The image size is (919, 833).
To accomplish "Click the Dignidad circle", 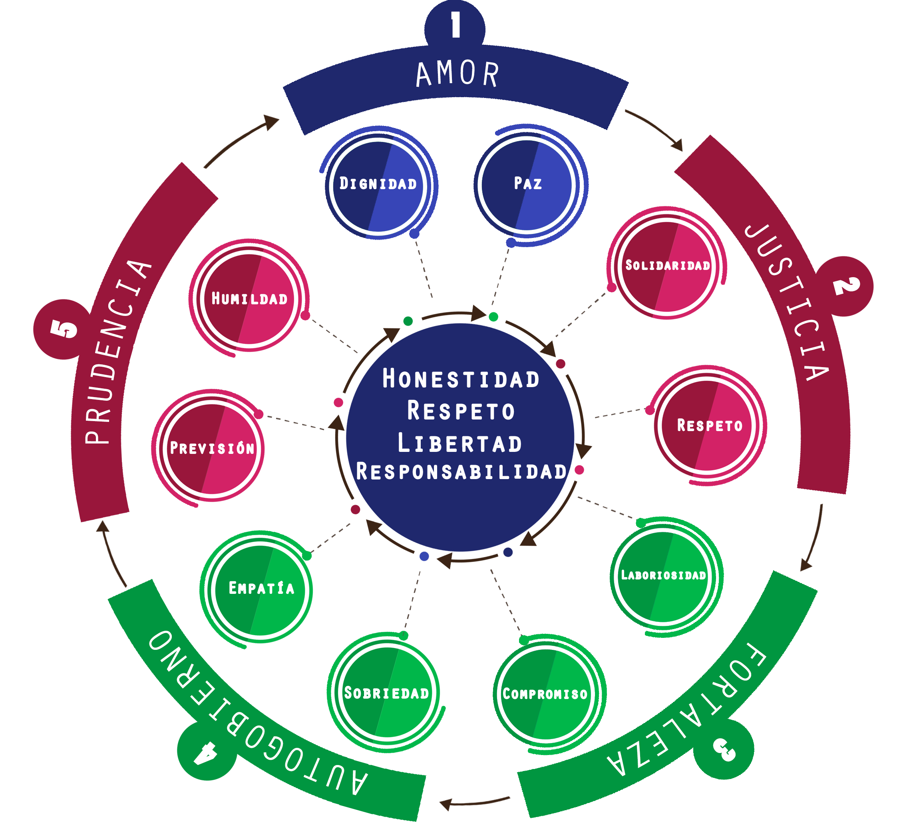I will [378, 186].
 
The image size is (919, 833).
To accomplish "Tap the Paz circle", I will [527, 185].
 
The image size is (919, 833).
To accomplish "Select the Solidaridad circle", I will [667, 267].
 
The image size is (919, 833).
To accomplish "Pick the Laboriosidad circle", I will [663, 576].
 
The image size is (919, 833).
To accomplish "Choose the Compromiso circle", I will [546, 694].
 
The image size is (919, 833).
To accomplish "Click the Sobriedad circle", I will [387, 693].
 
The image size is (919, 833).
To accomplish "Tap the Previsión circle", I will [212, 449].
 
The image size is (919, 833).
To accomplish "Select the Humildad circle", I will [249, 299].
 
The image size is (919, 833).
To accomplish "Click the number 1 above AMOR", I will [456, 25].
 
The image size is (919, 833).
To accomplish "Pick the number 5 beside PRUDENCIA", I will [64, 328].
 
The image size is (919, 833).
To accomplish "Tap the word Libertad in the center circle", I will [460, 444].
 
